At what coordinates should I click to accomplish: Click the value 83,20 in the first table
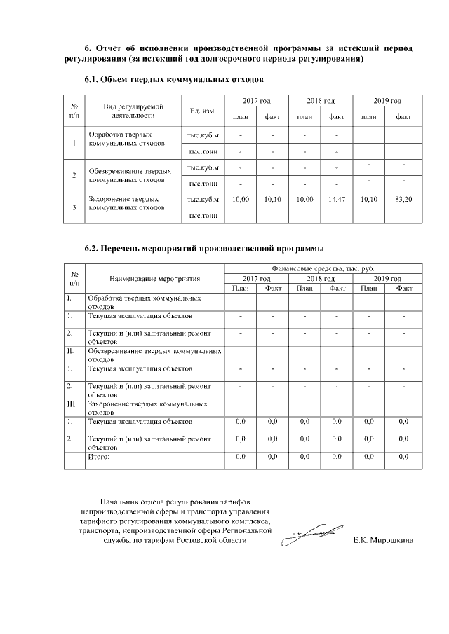(403, 199)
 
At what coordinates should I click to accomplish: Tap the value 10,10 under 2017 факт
(273, 199)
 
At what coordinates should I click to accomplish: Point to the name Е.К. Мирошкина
(384, 541)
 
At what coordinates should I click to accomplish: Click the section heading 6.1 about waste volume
(173, 80)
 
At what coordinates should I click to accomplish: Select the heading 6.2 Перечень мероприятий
(203, 248)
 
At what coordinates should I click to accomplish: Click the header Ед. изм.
(202, 111)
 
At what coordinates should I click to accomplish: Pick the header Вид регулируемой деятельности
(134, 111)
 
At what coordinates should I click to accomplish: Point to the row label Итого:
(99, 457)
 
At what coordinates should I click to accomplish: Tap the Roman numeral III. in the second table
(71, 405)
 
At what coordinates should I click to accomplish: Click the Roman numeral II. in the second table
(70, 350)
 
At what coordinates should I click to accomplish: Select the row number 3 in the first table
(74, 207)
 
